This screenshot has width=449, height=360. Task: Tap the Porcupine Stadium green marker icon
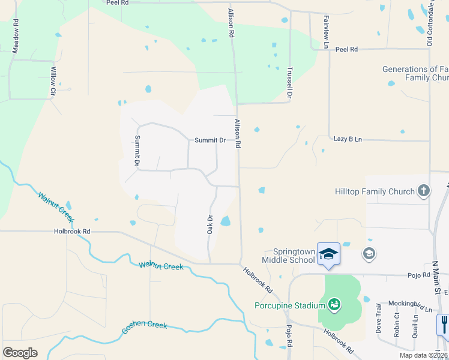tap(334, 305)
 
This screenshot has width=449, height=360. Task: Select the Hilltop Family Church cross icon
tap(424, 191)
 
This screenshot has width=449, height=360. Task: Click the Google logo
tap(20, 352)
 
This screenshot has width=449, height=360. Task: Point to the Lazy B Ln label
tap(348, 139)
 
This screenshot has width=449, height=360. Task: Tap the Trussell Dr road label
tap(289, 82)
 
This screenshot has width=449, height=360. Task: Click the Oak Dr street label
tap(210, 225)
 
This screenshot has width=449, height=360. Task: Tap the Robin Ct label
tap(396, 325)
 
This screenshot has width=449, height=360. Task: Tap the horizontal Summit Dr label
tap(209, 140)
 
